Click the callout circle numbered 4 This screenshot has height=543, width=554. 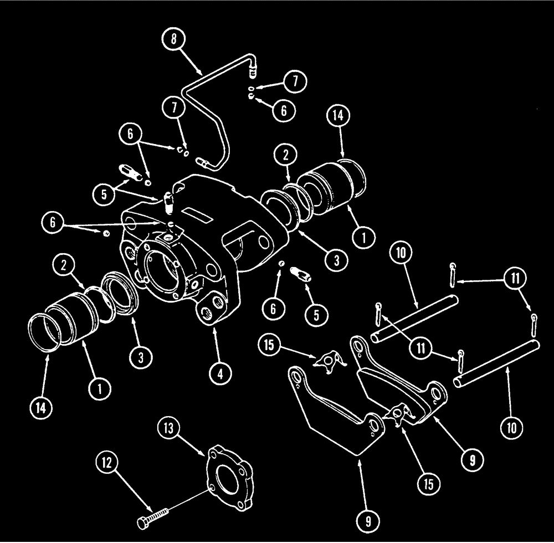220,373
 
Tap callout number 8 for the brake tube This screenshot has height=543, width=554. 175,40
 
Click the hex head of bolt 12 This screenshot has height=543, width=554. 141,522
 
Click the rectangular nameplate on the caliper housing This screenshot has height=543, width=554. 197,213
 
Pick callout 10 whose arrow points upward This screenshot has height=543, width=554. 511,427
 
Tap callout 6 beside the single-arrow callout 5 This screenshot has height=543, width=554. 273,308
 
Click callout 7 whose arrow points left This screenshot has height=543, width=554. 295,81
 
